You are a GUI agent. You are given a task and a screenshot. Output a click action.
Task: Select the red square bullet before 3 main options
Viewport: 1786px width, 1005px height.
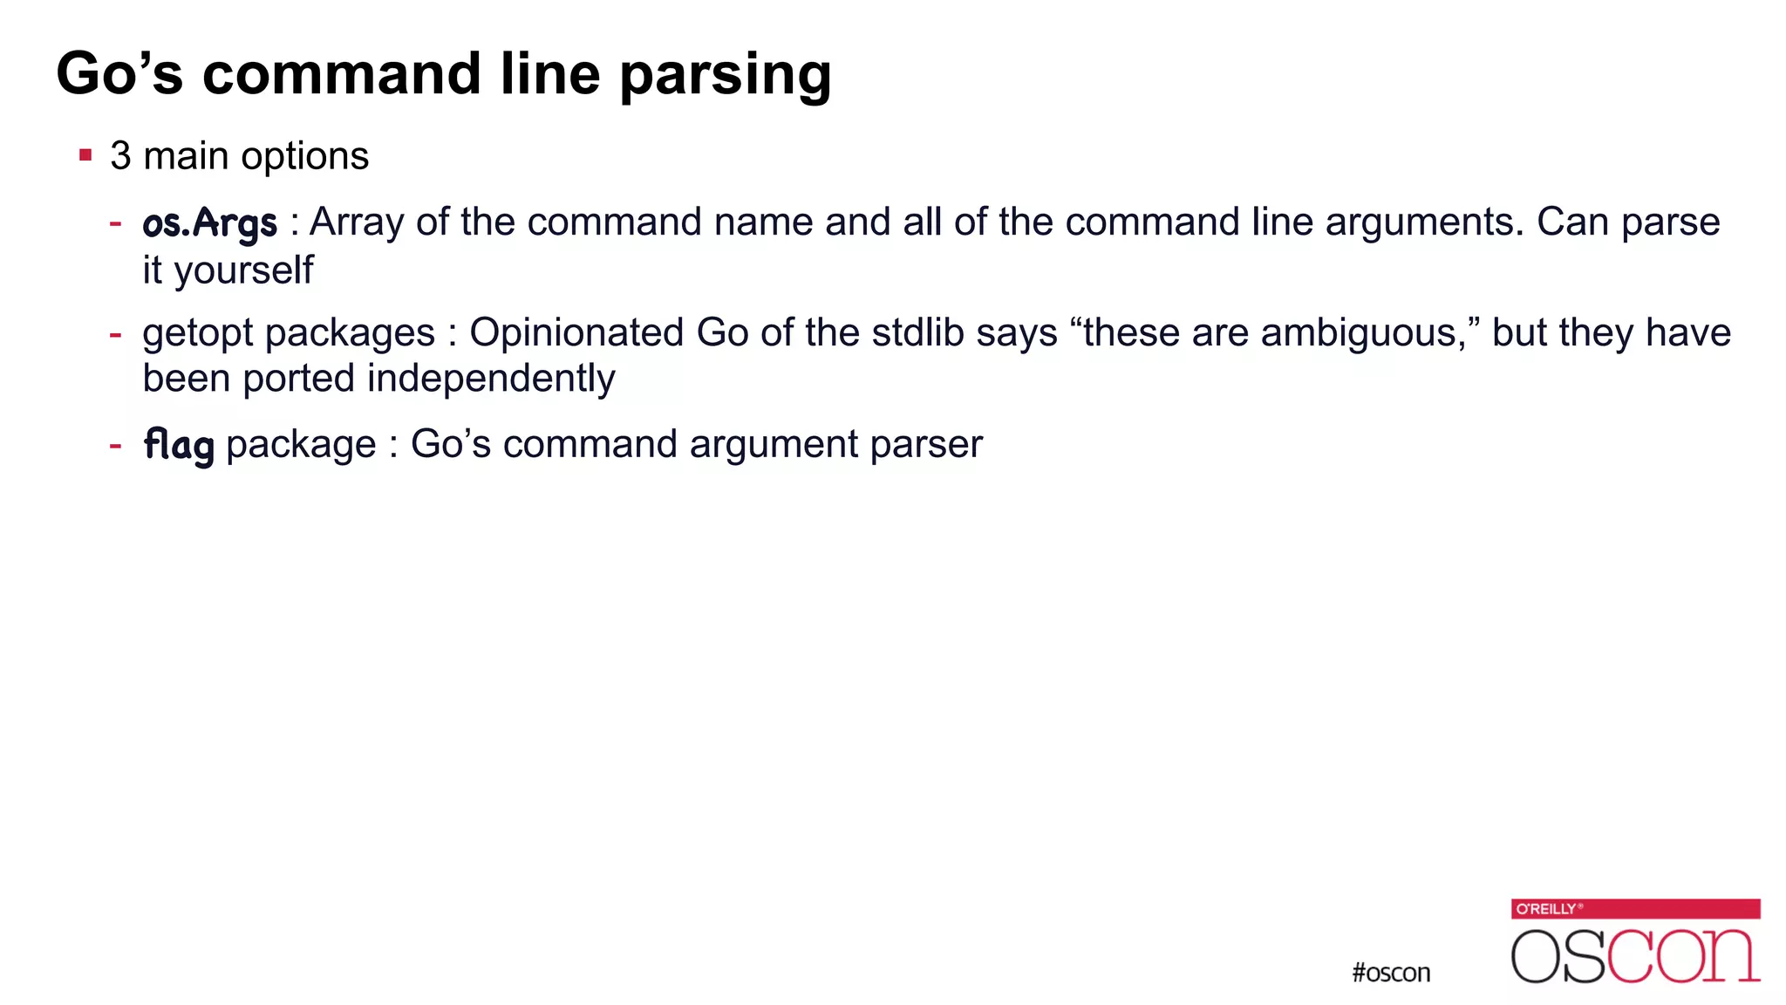(85, 156)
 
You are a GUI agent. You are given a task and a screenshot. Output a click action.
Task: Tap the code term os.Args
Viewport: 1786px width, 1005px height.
(210, 222)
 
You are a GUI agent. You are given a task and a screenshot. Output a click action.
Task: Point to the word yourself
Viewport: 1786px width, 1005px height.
(243, 270)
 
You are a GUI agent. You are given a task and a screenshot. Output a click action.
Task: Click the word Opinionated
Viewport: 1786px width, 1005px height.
(576, 332)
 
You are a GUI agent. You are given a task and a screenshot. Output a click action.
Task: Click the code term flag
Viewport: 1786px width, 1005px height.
(179, 445)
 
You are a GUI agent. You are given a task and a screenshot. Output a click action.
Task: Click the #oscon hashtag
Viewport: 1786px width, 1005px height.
(1391, 973)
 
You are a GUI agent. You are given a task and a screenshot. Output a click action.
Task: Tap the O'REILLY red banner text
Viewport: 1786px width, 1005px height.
(1546, 909)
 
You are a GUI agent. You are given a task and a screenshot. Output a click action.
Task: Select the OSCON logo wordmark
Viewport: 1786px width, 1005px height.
(1635, 956)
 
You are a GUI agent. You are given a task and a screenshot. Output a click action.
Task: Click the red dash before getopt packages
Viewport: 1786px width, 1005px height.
(115, 333)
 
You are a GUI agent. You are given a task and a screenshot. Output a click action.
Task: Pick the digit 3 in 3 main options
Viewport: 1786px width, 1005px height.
(120, 156)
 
